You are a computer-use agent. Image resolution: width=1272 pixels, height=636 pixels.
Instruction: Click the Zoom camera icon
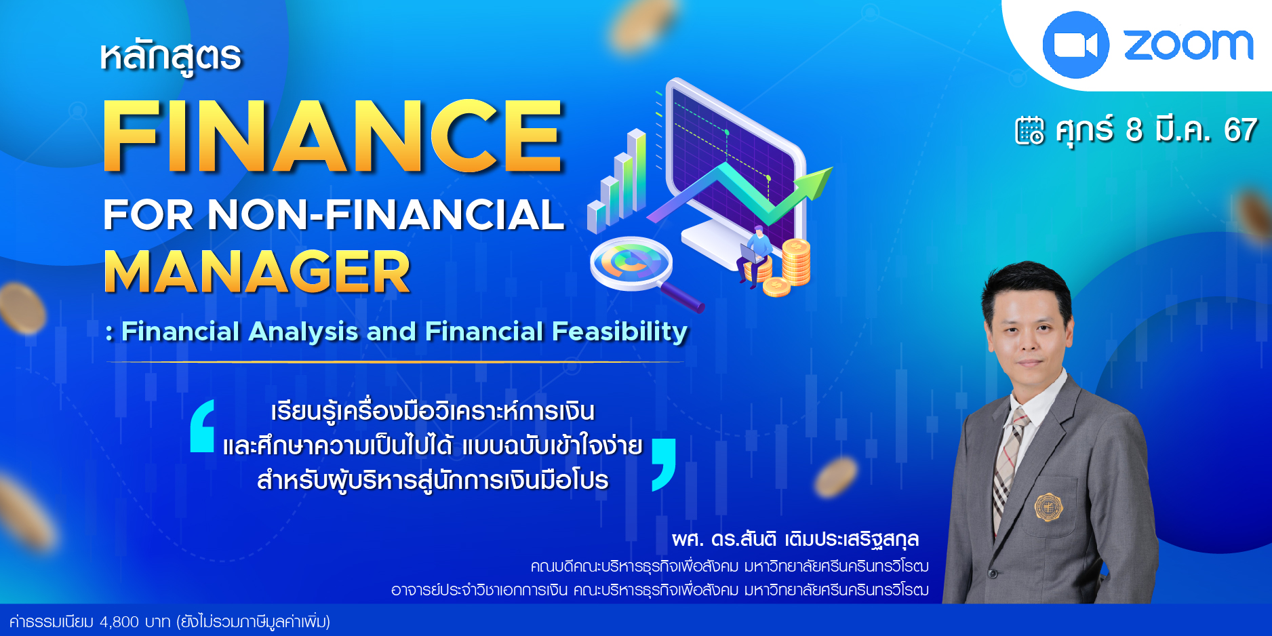tap(1075, 45)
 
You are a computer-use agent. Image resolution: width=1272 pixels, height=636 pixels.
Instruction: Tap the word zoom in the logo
tap(1189, 45)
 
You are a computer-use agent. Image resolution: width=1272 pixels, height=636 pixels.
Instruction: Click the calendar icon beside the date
tap(1029, 130)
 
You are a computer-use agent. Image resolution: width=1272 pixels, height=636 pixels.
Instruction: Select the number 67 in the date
tap(1240, 130)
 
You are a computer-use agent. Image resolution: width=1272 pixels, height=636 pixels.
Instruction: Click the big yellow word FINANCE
tap(332, 136)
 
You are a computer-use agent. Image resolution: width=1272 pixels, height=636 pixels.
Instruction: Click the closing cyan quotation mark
tap(663, 464)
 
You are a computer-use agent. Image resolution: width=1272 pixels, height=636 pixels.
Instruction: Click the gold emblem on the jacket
tap(1048, 507)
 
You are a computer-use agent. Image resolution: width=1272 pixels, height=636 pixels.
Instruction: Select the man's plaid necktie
tap(1007, 468)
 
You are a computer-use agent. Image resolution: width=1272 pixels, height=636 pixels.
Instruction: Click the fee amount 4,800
tap(119, 622)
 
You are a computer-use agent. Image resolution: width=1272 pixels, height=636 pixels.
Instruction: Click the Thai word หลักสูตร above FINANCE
tap(170, 56)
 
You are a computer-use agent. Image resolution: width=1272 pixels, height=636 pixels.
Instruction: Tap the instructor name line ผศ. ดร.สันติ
tap(795, 540)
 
